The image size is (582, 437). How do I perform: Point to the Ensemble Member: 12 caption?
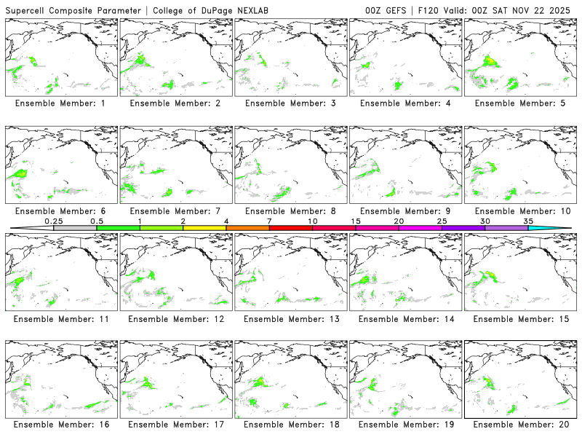pyautogui.click(x=177, y=319)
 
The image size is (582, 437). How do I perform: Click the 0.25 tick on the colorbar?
pyautogui.click(x=53, y=220)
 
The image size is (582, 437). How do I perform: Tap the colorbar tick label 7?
pyautogui.click(x=269, y=220)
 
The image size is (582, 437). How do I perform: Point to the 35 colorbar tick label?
pyautogui.click(x=528, y=220)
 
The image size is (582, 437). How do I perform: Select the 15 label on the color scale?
pyautogui.click(x=356, y=220)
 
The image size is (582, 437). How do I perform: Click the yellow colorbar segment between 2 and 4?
pyautogui.click(x=204, y=228)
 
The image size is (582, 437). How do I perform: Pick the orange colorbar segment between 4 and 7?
pyautogui.click(x=247, y=228)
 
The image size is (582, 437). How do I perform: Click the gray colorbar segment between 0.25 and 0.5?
pyautogui.click(x=75, y=228)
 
